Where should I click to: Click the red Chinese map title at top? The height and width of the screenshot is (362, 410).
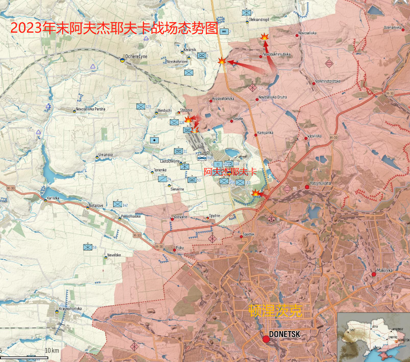coord(114,28)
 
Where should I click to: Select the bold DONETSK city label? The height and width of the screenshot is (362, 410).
coord(284,334)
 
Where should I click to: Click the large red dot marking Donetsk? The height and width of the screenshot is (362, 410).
coord(266,339)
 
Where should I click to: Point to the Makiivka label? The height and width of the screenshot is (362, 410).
coord(385,270)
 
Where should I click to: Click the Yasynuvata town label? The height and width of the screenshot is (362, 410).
coord(320,183)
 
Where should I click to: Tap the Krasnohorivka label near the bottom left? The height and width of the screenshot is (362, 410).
coord(70,309)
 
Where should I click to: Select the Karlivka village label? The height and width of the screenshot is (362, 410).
coord(53,198)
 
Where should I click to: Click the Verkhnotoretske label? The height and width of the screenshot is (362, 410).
coord(328,81)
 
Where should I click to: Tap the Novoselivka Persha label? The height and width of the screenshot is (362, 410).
coord(91,109)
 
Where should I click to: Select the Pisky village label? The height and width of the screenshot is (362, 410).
coord(180,247)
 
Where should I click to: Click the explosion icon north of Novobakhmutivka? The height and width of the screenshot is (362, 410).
coord(264,37)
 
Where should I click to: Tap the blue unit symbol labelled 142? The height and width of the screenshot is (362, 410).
coord(117,204)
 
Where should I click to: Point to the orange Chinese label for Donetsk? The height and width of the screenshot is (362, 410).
coord(275,311)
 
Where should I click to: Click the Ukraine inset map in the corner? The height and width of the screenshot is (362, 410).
coord(374,337)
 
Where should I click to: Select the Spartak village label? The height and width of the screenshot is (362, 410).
coord(249,234)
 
